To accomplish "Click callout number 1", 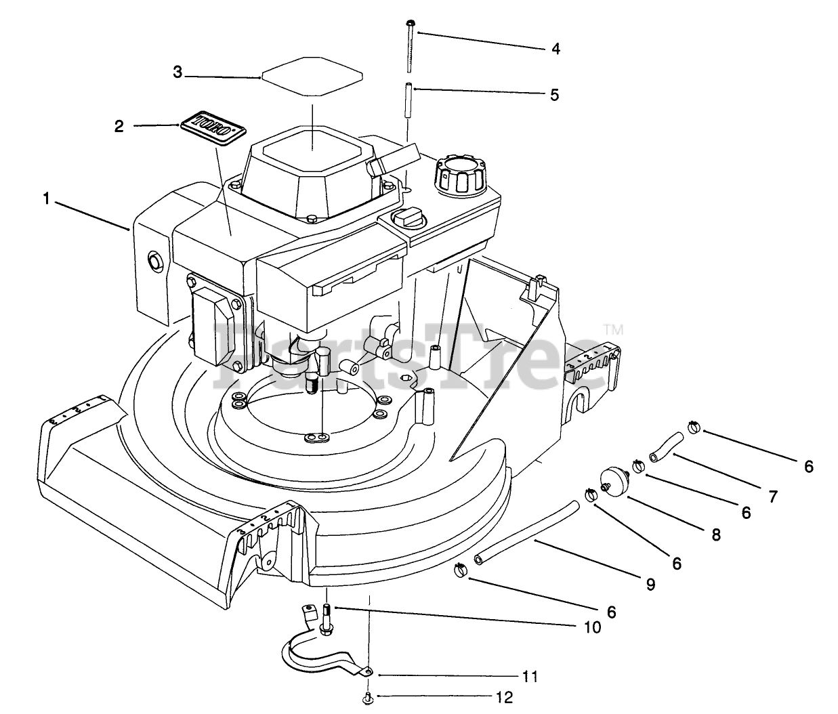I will tap(46, 199).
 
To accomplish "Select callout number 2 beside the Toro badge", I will tap(119, 126).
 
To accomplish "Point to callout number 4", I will tap(555, 49).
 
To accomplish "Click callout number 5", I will tap(554, 95).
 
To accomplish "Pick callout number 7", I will tap(772, 496).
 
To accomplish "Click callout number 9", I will tap(650, 585).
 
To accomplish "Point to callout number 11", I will tap(529, 676).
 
